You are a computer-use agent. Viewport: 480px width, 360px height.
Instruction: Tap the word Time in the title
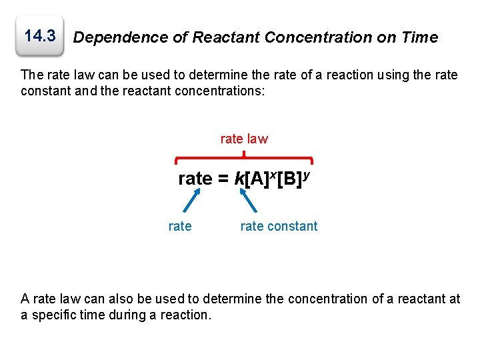pos(419,38)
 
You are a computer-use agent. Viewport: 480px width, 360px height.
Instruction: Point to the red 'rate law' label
pos(244,139)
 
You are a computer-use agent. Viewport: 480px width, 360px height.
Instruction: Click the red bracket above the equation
pos(244,159)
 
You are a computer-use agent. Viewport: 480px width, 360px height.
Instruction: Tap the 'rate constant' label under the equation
pos(279,226)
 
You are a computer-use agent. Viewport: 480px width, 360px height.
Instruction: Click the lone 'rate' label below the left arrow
pos(180,226)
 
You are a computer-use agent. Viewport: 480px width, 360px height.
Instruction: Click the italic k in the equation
pos(239,179)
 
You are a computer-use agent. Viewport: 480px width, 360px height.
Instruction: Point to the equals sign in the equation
pos(223,179)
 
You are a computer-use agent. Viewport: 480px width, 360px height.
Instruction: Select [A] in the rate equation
pos(257,179)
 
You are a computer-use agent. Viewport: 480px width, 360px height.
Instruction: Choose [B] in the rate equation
pos(289,179)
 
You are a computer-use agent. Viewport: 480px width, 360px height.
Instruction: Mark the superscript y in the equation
pos(305,173)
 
